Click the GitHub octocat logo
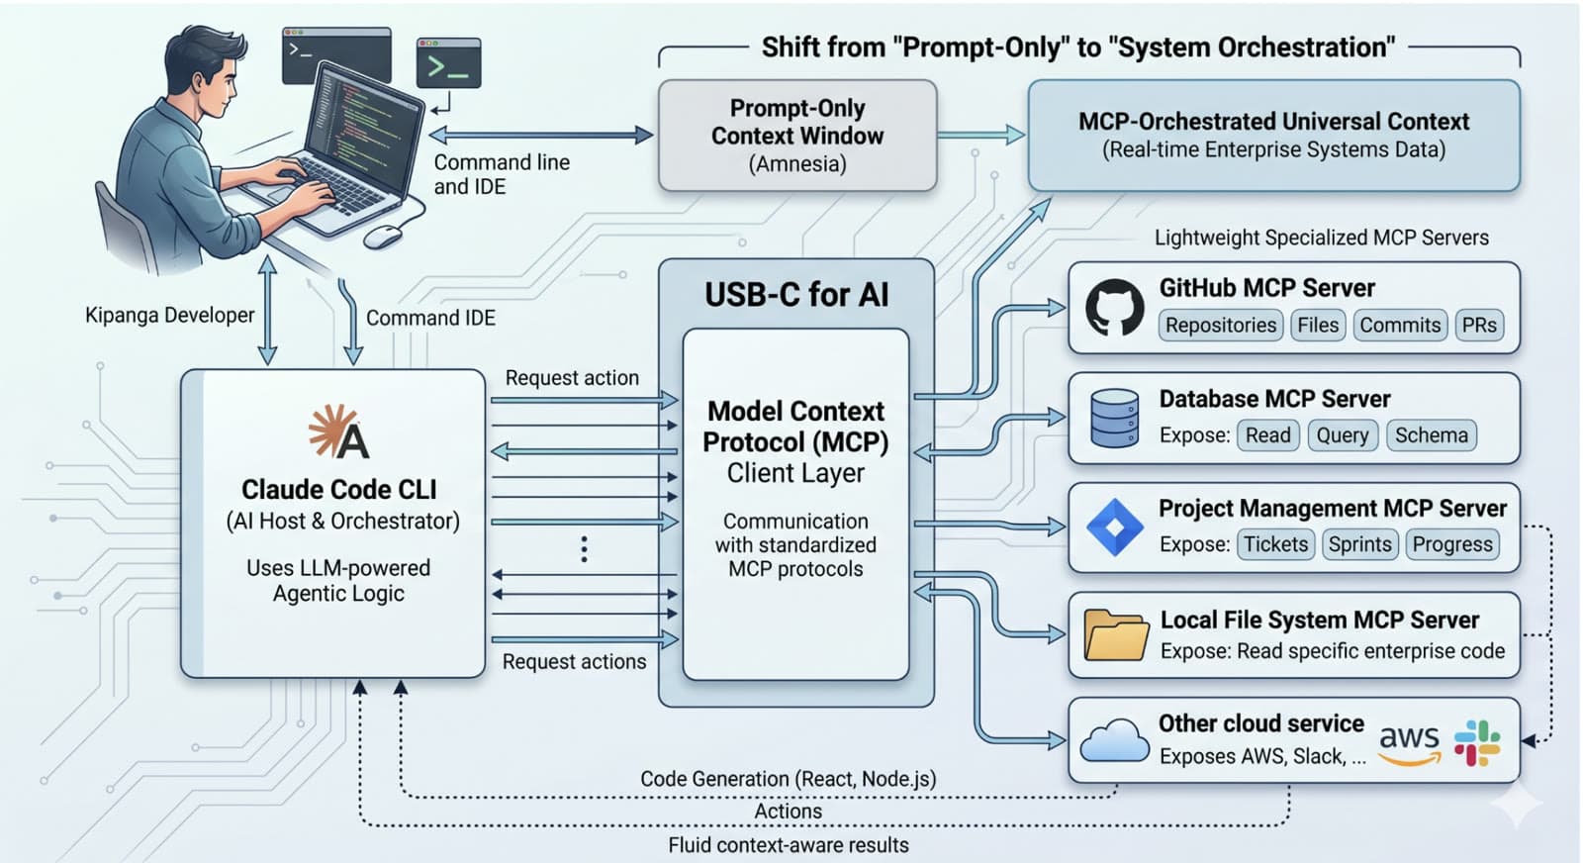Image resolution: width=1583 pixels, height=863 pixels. pos(1114,308)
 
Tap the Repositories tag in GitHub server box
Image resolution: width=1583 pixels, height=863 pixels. pos(1220,326)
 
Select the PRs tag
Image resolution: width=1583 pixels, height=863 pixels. pos(1479,326)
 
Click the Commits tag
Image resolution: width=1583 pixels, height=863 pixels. pos(1399,326)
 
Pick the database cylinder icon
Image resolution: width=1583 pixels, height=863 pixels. pos(1114,418)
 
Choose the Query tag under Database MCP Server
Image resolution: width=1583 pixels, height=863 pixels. pos(1342,435)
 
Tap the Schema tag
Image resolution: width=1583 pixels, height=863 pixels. pos(1431,435)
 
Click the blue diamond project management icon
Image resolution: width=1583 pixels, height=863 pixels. pos(1115,527)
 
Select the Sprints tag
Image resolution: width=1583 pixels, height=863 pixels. pos(1359,544)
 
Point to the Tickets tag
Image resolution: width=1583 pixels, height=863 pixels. pos(1275,544)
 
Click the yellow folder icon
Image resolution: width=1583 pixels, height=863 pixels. pos(1115,634)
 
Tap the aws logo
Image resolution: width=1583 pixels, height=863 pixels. pos(1409,742)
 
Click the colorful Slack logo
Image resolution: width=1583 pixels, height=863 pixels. pos(1477,742)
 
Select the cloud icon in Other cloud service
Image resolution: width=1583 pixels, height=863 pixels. pos(1114,741)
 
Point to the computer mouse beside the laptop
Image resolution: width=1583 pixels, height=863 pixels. pos(382,237)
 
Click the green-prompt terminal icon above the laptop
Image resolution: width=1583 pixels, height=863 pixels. pos(449,64)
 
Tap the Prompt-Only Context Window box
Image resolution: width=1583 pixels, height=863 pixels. pos(796,136)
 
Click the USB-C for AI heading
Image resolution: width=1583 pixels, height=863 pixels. pos(796,295)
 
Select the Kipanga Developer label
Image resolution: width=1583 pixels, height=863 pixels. pos(169,316)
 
